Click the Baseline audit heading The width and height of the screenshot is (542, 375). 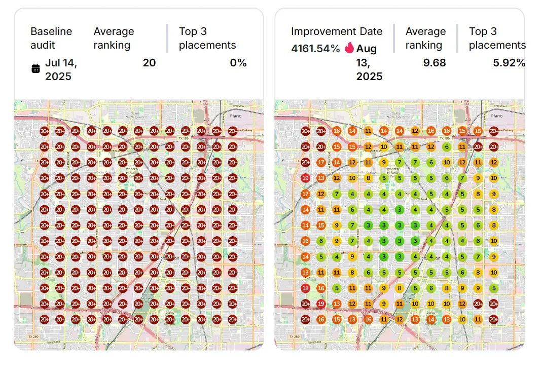pyautogui.click(x=51, y=38)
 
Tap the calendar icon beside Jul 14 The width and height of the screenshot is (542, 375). pyautogui.click(x=35, y=69)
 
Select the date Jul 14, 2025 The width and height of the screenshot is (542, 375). pyautogui.click(x=61, y=69)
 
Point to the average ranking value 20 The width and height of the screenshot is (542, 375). pyautogui.click(x=149, y=63)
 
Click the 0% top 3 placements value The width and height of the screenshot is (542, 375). pyautogui.click(x=238, y=63)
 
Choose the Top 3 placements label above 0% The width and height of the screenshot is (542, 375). pyautogui.click(x=207, y=38)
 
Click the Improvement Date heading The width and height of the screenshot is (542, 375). pyautogui.click(x=337, y=31)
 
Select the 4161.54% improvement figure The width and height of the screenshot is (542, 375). pyautogui.click(x=315, y=49)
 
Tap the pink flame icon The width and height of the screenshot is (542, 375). pyautogui.click(x=349, y=48)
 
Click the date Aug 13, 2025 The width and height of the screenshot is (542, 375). pyautogui.click(x=369, y=62)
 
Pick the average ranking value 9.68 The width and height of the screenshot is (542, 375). pyautogui.click(x=435, y=63)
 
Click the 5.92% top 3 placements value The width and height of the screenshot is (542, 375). pyautogui.click(x=509, y=63)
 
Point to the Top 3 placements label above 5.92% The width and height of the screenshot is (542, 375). pyautogui.click(x=497, y=38)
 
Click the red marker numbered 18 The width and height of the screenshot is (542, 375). pyautogui.click(x=305, y=288)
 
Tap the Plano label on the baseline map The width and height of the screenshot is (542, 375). pyautogui.click(x=236, y=116)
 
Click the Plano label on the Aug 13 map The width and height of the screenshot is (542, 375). pyautogui.click(x=497, y=116)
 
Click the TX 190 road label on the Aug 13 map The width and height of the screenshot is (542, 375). pyautogui.click(x=445, y=138)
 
